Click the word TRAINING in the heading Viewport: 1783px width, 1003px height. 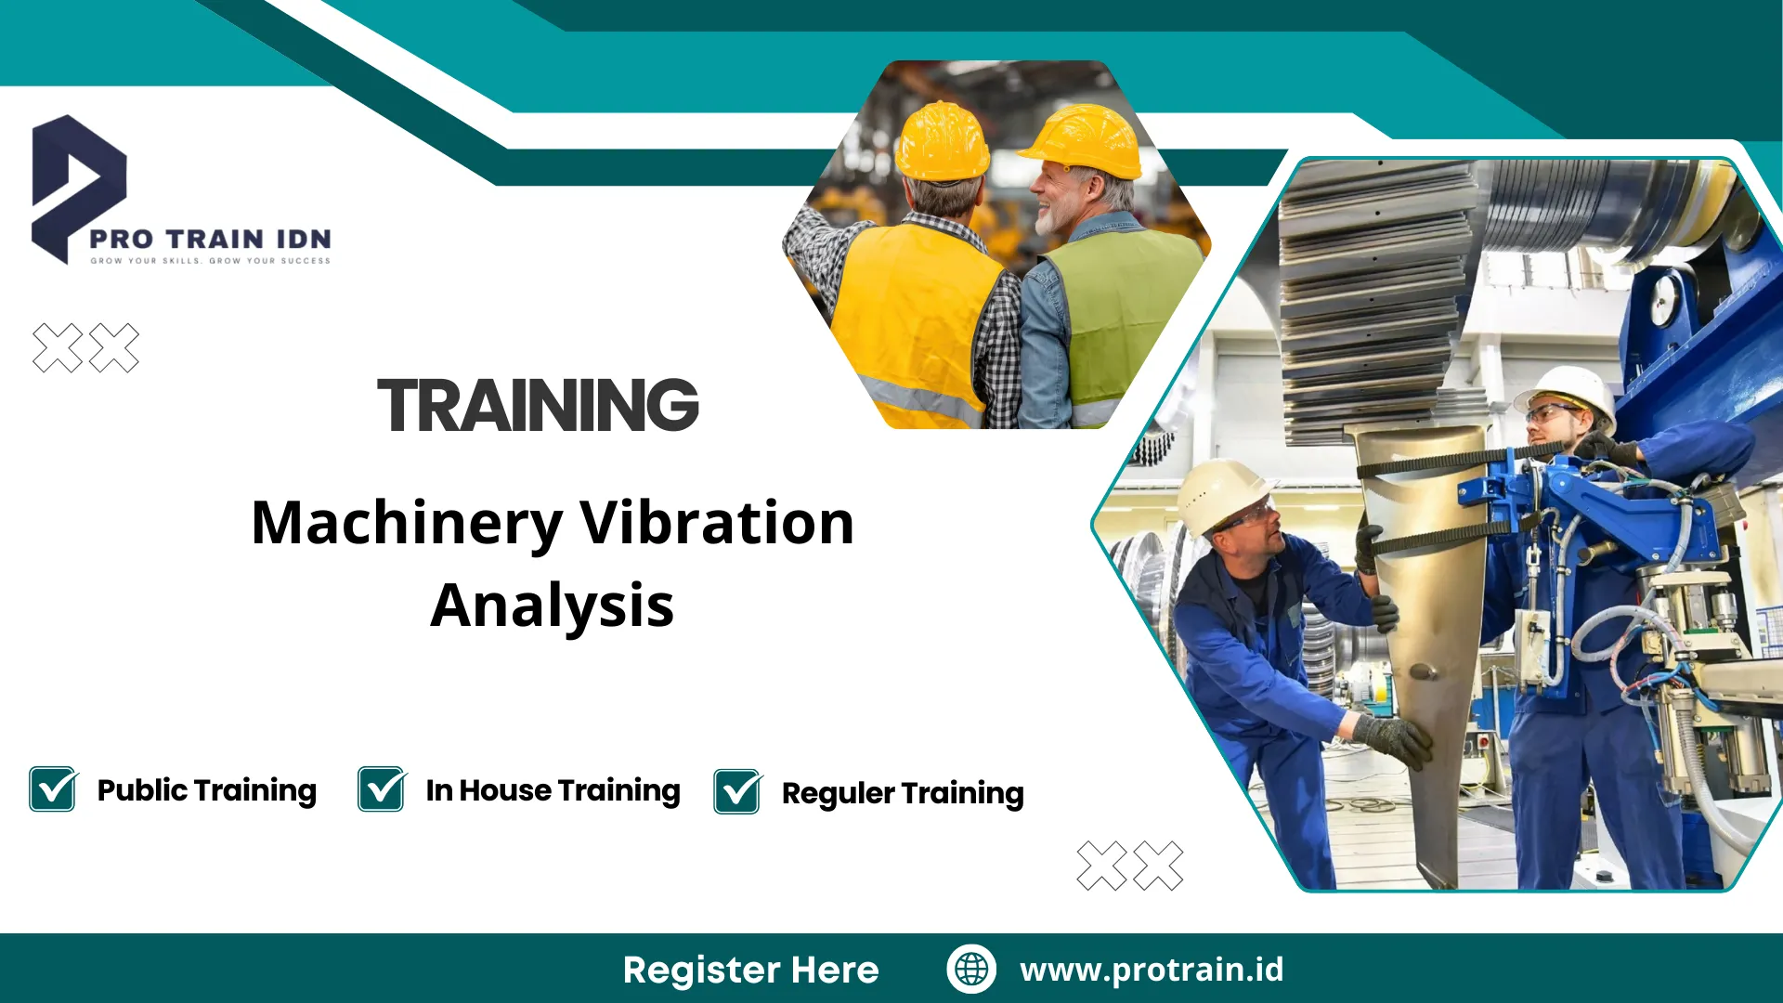click(538, 406)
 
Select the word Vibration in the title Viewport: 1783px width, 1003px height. click(716, 523)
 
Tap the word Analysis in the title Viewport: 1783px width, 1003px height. click(553, 606)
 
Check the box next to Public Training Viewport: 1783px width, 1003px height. click(53, 789)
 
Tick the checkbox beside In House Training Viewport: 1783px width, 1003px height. click(382, 789)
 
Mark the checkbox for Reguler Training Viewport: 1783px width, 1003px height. click(737, 792)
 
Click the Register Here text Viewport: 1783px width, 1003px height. click(750, 970)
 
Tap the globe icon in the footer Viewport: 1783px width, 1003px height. click(971, 969)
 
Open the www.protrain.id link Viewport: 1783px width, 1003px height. click(1152, 970)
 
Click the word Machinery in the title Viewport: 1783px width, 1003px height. click(407, 523)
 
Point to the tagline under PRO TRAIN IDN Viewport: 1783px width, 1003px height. click(210, 261)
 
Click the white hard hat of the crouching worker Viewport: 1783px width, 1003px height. click(1219, 492)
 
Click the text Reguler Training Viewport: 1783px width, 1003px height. click(903, 793)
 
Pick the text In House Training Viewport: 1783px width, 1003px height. click(553, 790)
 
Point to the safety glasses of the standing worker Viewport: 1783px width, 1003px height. click(1553, 412)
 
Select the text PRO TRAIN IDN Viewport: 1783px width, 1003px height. click(210, 239)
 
